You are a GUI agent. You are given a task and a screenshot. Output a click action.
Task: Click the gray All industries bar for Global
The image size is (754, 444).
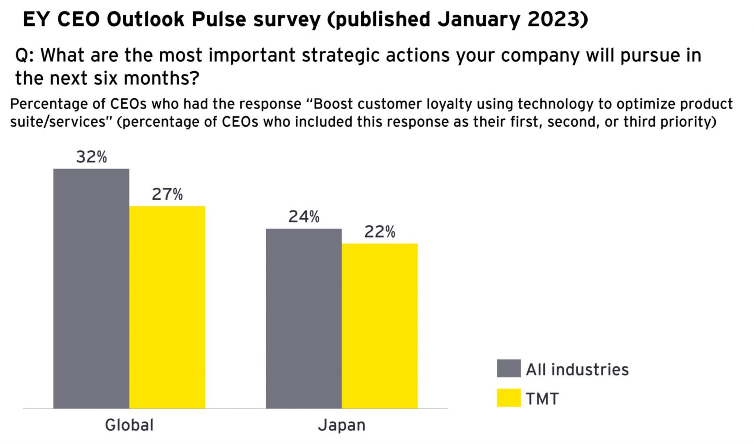pyautogui.click(x=91, y=288)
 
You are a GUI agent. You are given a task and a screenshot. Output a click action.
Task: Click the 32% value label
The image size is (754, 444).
pyautogui.click(x=92, y=157)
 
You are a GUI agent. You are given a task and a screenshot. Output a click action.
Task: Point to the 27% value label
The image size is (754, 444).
pyautogui.click(x=167, y=194)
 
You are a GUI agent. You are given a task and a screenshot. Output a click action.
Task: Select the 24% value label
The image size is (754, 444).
pyautogui.click(x=304, y=217)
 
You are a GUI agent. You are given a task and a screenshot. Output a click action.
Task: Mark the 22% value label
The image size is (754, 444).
pyautogui.click(x=380, y=232)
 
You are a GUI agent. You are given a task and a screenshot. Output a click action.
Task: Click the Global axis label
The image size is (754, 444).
pyautogui.click(x=129, y=425)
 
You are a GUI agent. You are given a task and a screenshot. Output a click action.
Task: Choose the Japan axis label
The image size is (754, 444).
pyautogui.click(x=341, y=425)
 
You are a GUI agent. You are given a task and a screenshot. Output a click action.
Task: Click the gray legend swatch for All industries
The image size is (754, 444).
pyautogui.click(x=508, y=368)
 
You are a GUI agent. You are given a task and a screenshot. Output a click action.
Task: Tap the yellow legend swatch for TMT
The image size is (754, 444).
pyautogui.click(x=508, y=398)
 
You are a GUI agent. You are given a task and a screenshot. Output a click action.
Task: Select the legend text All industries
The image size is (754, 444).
pyautogui.click(x=577, y=370)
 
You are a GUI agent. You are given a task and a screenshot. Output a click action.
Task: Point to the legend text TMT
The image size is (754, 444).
pyautogui.click(x=542, y=399)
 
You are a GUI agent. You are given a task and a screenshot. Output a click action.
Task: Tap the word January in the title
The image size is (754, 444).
pyautogui.click(x=477, y=19)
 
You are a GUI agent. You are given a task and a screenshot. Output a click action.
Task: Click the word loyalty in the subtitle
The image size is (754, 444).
pyautogui.click(x=449, y=104)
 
